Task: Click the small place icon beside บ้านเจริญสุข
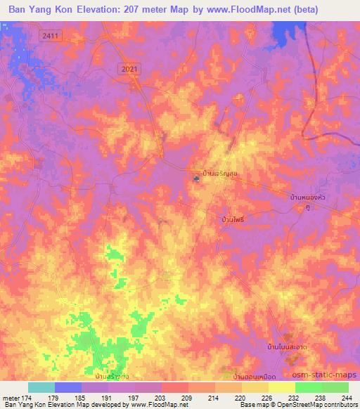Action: tap(196, 178)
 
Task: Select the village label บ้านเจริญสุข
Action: tap(215, 171)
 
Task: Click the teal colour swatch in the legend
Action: tap(41, 387)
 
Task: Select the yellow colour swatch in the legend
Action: tap(282, 387)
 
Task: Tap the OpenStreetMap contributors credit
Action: tap(315, 405)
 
